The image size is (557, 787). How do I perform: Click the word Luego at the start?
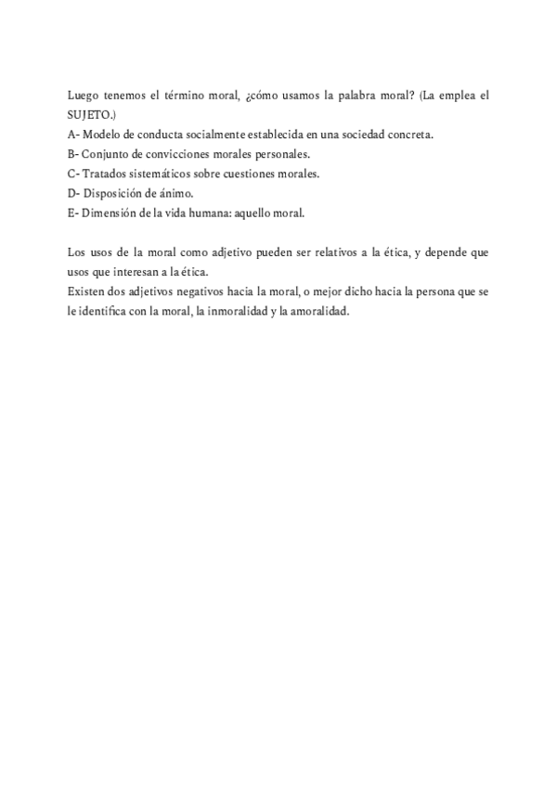(84, 96)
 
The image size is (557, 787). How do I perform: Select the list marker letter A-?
(74, 135)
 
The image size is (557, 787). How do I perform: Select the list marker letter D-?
(74, 193)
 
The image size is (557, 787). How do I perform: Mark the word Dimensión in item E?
(110, 213)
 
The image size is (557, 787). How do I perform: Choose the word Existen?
(87, 291)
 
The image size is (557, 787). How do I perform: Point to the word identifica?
(106, 311)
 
